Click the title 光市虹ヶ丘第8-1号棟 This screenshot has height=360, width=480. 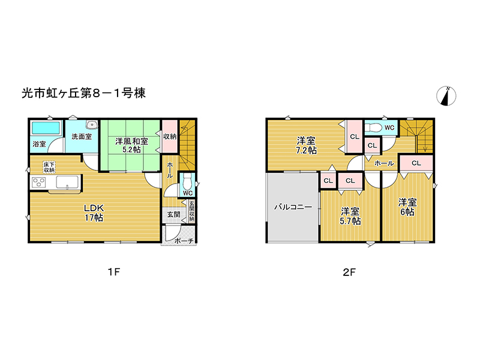point(83,93)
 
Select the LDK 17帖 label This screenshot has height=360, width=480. point(94,212)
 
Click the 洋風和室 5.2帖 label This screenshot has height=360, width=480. point(130,145)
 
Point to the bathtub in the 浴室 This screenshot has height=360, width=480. point(45,128)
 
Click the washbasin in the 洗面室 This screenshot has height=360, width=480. point(91,125)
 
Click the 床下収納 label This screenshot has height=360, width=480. point(49,166)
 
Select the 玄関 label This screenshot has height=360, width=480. point(173,214)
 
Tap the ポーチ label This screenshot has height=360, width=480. point(184,241)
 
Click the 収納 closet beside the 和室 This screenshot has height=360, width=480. point(170,137)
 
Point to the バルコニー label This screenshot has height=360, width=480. point(293,207)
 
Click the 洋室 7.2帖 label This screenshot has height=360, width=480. point(305,146)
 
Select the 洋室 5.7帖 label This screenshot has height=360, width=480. point(350,216)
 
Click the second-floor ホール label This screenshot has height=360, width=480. point(384,163)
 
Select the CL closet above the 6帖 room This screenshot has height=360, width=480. point(415,163)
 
